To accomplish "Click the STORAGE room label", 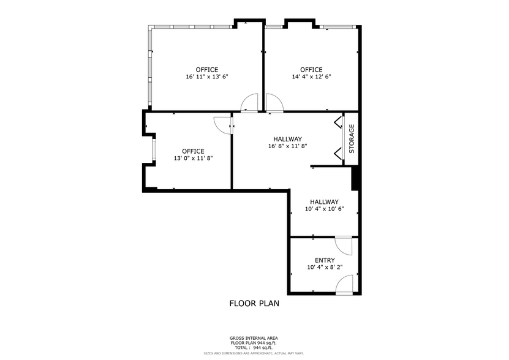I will pos(352,139).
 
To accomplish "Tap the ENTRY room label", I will pos(324,260).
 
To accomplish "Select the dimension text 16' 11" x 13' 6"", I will pos(207,77).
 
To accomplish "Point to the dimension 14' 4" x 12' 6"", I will pos(311,77).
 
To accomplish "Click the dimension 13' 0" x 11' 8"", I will pos(193,159).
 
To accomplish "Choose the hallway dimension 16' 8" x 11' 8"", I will pos(287,146).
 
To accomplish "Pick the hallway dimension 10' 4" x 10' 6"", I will pos(324,209).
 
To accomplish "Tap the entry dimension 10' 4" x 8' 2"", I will pos(324,268).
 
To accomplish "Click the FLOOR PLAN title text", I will pos(254,303).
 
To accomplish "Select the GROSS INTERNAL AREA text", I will pos(254,338).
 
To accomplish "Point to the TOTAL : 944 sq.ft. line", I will pos(254,347).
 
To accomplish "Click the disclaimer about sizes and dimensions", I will pos(254,353).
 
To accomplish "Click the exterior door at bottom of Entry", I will pos(345,285).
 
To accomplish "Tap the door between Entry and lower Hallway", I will pos(346,246).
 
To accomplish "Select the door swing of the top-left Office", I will pos(249,103).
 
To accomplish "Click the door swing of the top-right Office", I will pos(274,103).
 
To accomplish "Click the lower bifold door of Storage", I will pos(338,153).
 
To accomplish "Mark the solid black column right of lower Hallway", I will pos(355,179).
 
